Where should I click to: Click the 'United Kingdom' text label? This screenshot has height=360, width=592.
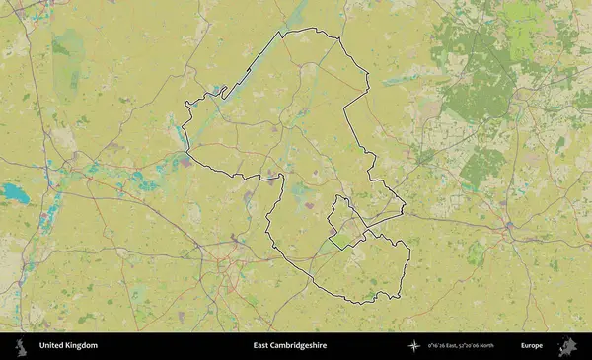tap(68, 346)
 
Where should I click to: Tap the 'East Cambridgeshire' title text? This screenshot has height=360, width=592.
tap(289, 346)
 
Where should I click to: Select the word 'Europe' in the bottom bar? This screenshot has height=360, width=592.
tap(532, 346)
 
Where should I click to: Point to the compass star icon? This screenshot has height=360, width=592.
tap(412, 346)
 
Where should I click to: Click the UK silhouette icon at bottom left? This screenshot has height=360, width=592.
tap(20, 346)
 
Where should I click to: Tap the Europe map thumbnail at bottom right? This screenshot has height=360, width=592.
tap(567, 346)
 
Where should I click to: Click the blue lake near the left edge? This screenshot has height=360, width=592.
tap(14, 192)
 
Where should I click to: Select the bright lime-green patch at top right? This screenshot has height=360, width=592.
tap(524, 17)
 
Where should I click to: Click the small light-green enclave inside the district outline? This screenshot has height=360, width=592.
tap(342, 238)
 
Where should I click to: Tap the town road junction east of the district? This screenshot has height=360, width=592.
tap(509, 226)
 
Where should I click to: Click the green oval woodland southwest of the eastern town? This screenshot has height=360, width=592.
tap(478, 254)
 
